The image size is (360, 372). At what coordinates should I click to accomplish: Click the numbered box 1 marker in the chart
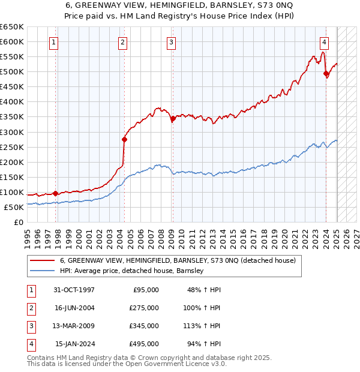click(x=55, y=42)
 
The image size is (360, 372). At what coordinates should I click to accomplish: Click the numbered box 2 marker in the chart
click(x=122, y=42)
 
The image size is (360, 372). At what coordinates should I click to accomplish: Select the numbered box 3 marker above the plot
click(x=171, y=42)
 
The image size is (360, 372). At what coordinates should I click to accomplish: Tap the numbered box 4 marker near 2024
click(x=324, y=42)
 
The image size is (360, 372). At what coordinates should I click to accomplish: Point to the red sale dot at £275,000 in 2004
click(x=124, y=139)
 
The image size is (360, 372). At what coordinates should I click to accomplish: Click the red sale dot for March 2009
click(x=173, y=118)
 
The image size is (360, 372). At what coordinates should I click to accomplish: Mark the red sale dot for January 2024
click(x=326, y=74)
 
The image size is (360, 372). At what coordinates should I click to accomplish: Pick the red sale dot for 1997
click(x=56, y=193)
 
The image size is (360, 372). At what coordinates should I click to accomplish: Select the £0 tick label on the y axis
click(x=18, y=222)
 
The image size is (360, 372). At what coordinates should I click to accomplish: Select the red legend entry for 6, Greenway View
click(x=178, y=260)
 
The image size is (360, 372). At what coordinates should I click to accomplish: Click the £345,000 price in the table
click(x=144, y=327)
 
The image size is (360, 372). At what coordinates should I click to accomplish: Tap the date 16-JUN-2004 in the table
click(x=76, y=308)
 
